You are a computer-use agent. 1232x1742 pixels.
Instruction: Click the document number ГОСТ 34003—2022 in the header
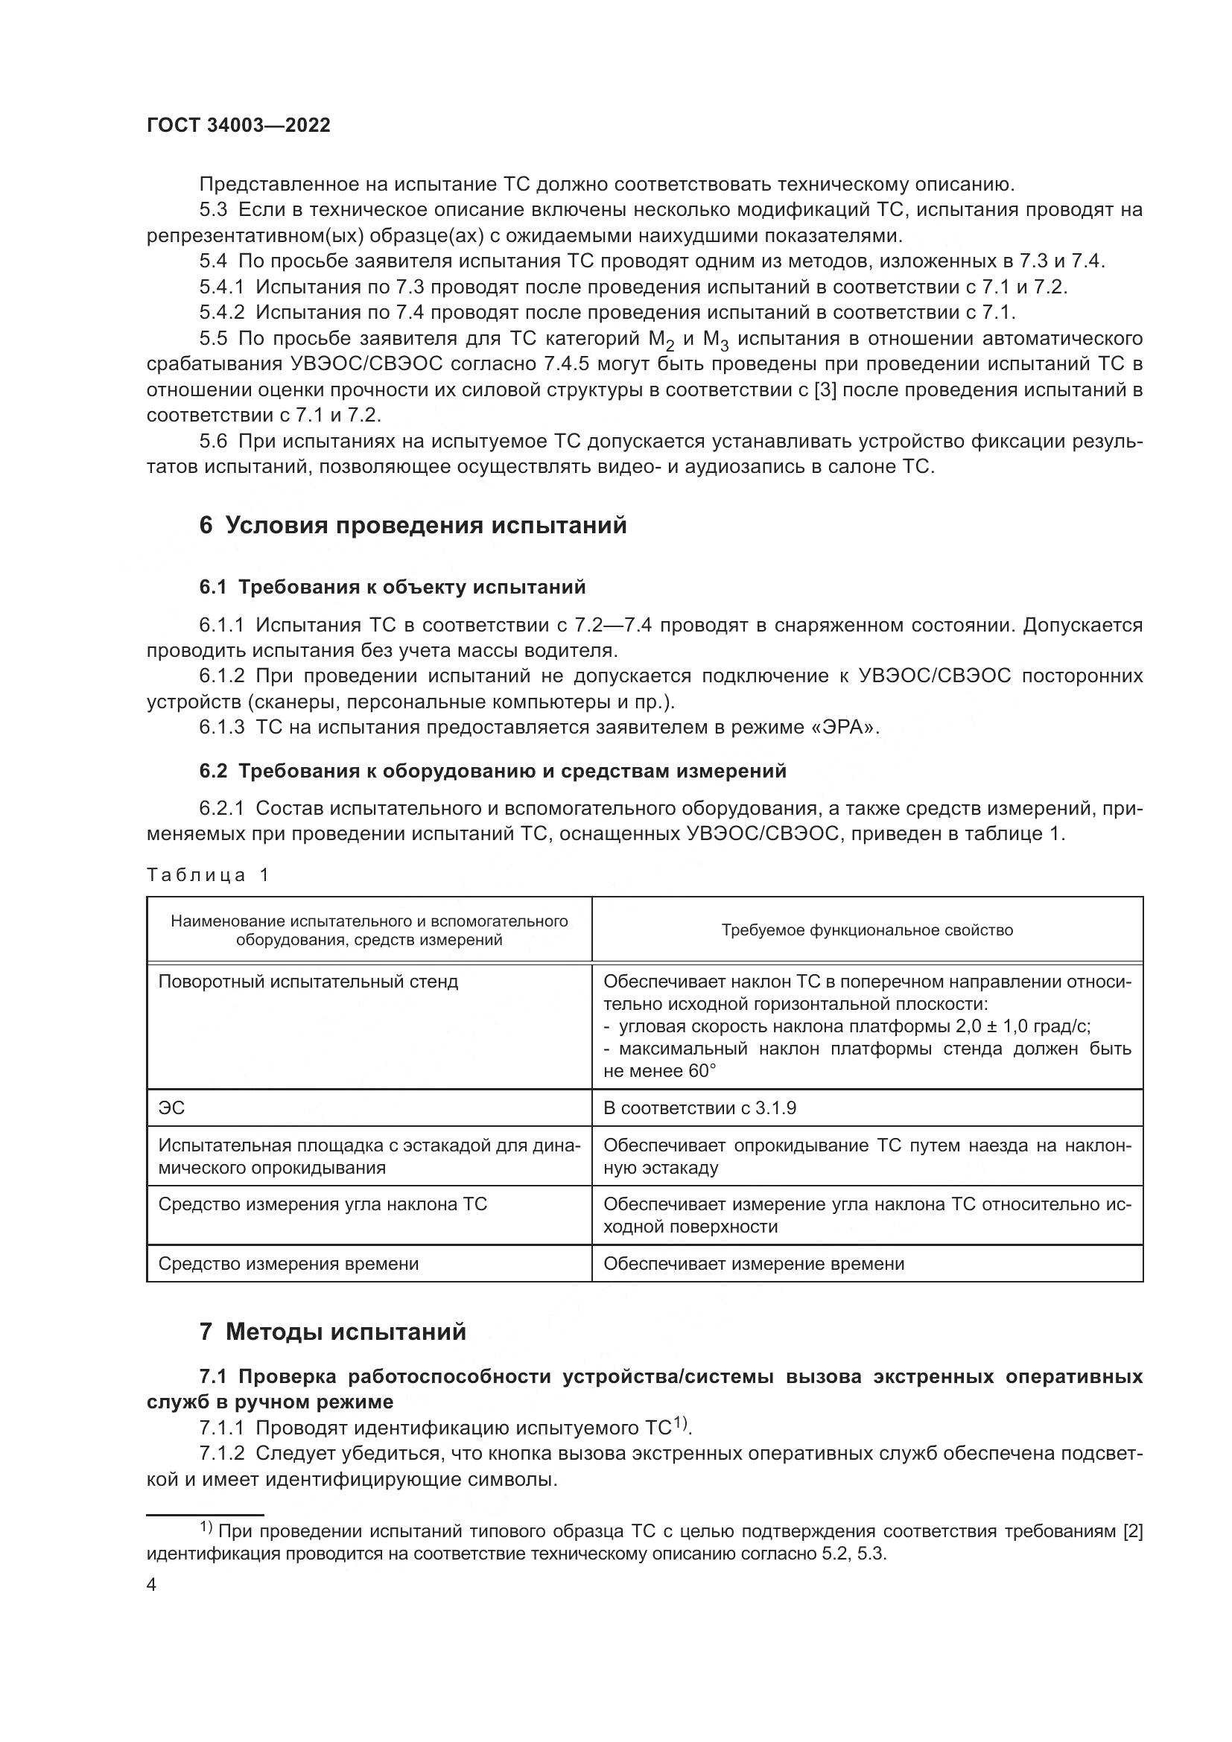238,126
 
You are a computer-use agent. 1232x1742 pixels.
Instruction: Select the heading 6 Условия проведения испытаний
413,525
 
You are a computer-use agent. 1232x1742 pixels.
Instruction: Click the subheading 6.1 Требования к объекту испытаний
393,587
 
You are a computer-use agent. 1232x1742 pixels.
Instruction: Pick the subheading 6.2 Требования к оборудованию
492,771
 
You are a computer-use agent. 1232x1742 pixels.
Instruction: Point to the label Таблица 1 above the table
208,875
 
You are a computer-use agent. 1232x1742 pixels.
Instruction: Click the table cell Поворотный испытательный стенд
308,982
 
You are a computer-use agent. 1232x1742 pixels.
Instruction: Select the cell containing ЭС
171,1107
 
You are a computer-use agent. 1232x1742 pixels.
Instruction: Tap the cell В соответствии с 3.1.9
699,1107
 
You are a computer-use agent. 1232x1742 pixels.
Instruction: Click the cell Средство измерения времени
288,1263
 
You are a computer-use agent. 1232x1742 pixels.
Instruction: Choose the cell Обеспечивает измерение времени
753,1263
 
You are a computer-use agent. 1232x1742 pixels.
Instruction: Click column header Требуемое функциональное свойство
866,930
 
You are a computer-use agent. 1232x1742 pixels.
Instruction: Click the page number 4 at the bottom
151,1585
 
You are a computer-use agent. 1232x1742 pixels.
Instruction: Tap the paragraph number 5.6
213,441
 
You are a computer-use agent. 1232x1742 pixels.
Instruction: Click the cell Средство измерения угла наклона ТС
323,1204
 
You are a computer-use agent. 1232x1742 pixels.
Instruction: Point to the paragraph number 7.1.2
221,1453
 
